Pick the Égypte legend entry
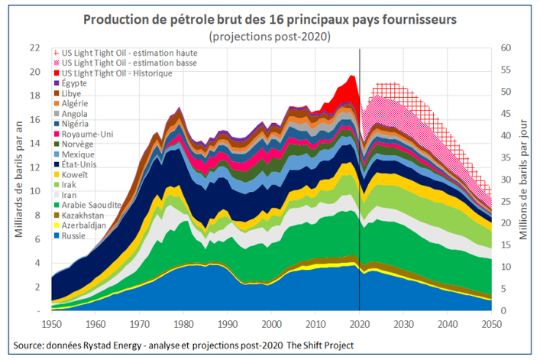pos(74,82)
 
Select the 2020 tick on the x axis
pos(360,323)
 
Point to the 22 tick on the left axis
pos(34,47)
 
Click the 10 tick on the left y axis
pos(34,191)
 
